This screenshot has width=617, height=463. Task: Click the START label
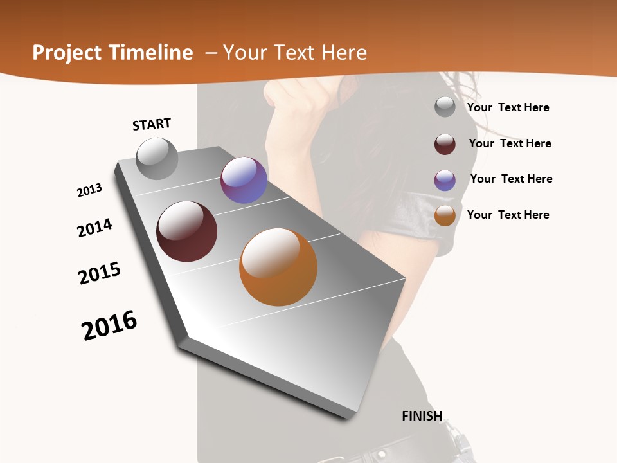[152, 124]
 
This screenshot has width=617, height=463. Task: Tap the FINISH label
[422, 415]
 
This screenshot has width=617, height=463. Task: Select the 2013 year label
[90, 190]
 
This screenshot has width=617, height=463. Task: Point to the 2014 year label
[95, 228]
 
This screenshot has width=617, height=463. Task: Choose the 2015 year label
[100, 273]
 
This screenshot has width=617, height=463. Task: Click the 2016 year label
[109, 325]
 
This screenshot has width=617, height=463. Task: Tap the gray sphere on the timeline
[157, 158]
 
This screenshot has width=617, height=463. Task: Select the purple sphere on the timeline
[244, 180]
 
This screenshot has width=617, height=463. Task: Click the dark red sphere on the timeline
[187, 232]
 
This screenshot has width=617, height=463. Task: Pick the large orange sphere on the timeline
[278, 267]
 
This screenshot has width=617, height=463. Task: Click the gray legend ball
[445, 107]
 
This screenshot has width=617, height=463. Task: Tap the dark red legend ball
[445, 144]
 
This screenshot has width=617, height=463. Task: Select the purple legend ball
[445, 180]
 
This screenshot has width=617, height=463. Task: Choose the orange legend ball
[445, 215]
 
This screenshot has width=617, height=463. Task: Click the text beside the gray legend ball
[508, 107]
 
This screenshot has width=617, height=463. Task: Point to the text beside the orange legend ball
[508, 215]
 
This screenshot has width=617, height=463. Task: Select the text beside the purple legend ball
[511, 179]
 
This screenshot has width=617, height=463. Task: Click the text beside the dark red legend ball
[510, 143]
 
